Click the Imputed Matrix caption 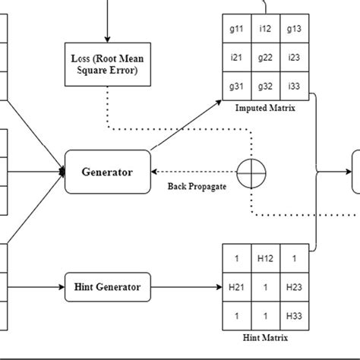point(265,109)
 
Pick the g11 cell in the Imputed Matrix point(236,29)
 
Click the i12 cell point(265,29)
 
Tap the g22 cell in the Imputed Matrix point(265,57)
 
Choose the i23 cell point(293,57)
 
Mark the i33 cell point(293,86)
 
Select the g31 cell point(236,86)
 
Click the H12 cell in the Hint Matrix point(265,258)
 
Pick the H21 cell point(236,287)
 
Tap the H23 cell point(293,287)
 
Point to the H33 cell point(293,315)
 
